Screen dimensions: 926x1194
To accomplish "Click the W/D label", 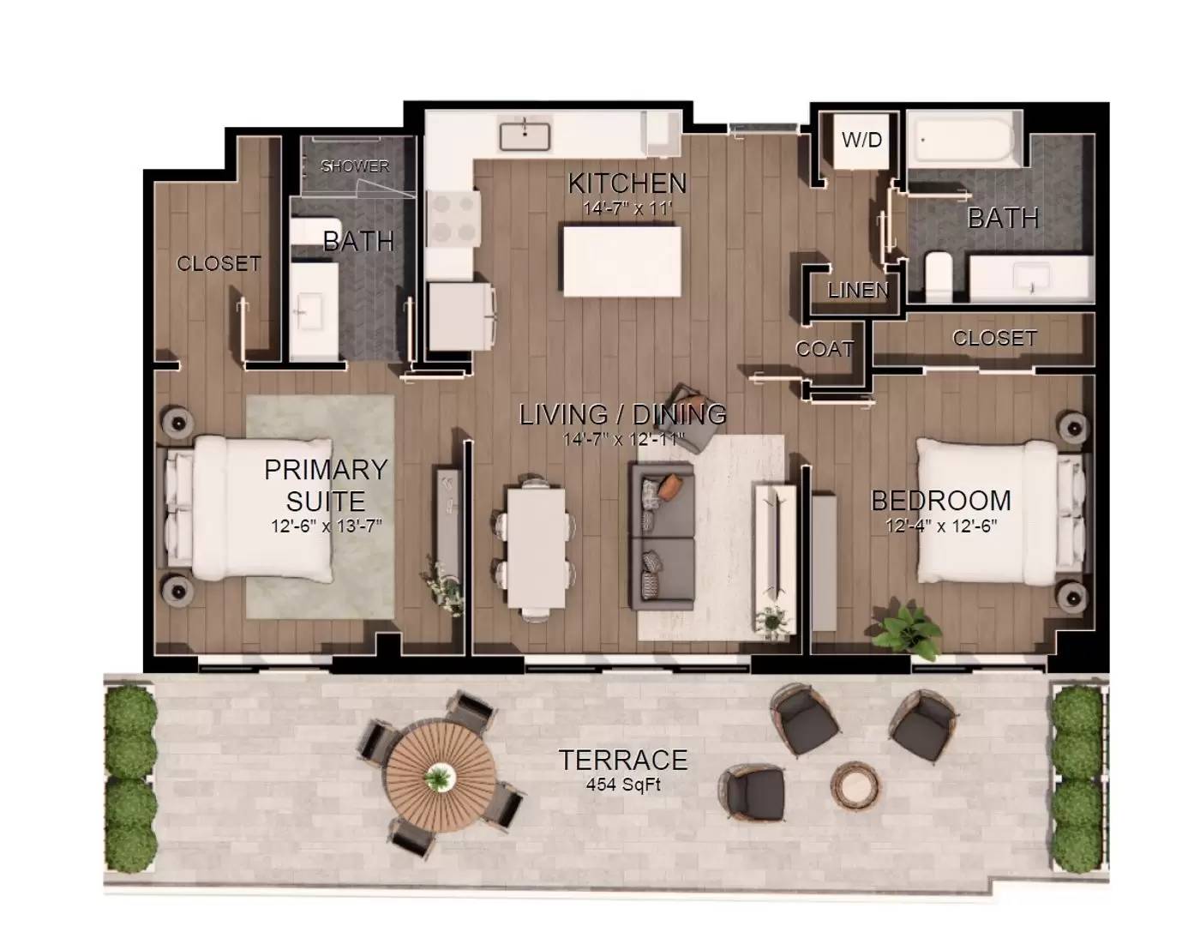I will (861, 139).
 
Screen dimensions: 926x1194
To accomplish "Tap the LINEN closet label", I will (858, 291).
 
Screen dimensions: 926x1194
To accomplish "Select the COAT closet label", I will (825, 349).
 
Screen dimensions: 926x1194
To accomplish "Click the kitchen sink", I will (525, 134).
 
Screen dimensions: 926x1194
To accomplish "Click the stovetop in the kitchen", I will (452, 219).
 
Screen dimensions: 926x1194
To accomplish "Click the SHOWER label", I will (355, 166).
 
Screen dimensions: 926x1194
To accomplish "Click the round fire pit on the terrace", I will (855, 785).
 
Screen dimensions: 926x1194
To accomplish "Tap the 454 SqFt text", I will (623, 785).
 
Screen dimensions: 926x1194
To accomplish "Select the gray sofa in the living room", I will (662, 536).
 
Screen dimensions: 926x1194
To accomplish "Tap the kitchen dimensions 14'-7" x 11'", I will (627, 208).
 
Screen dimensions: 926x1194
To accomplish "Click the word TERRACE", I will (623, 760).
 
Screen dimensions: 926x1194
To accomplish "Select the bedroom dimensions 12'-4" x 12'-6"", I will (941, 526).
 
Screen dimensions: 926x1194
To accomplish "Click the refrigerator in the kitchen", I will (460, 316).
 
